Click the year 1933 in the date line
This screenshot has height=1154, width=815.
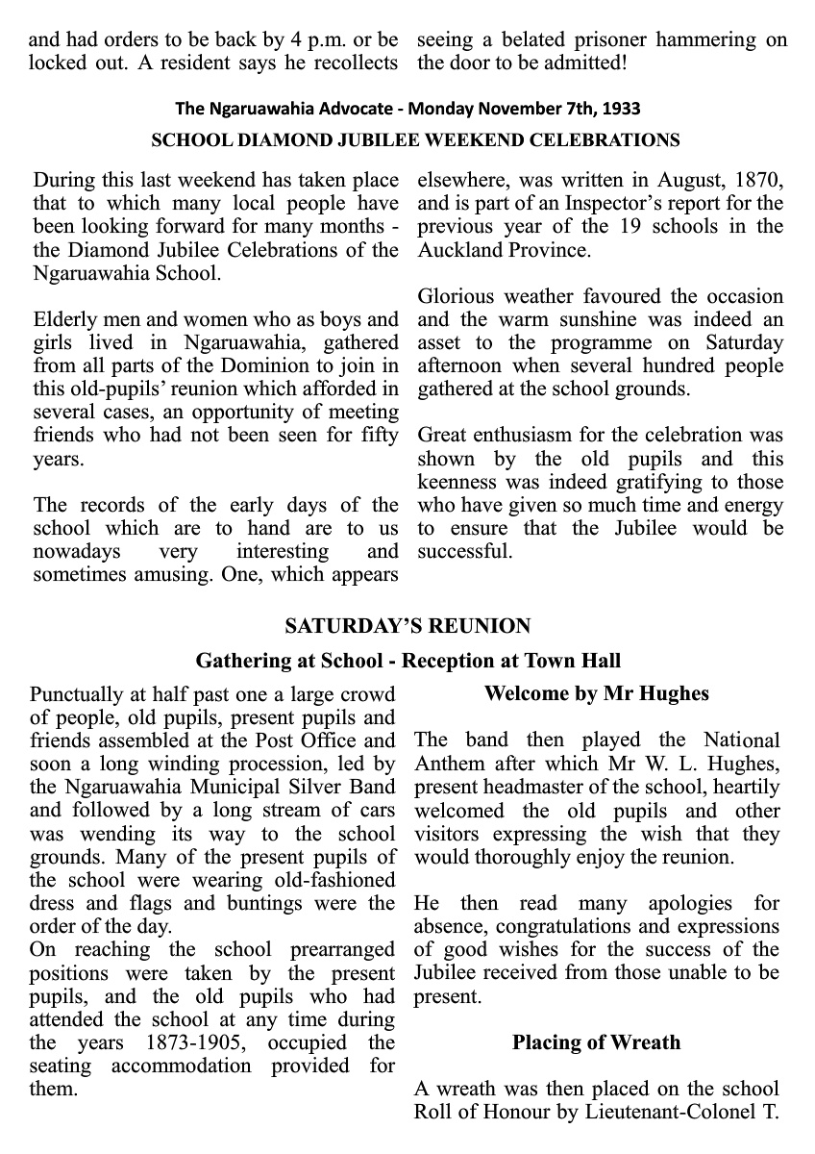622,109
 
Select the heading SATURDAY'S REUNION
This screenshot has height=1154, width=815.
407,626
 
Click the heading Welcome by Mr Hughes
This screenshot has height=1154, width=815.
597,693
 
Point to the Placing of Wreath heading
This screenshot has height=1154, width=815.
596,1042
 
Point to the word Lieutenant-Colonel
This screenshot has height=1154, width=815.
681,1112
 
